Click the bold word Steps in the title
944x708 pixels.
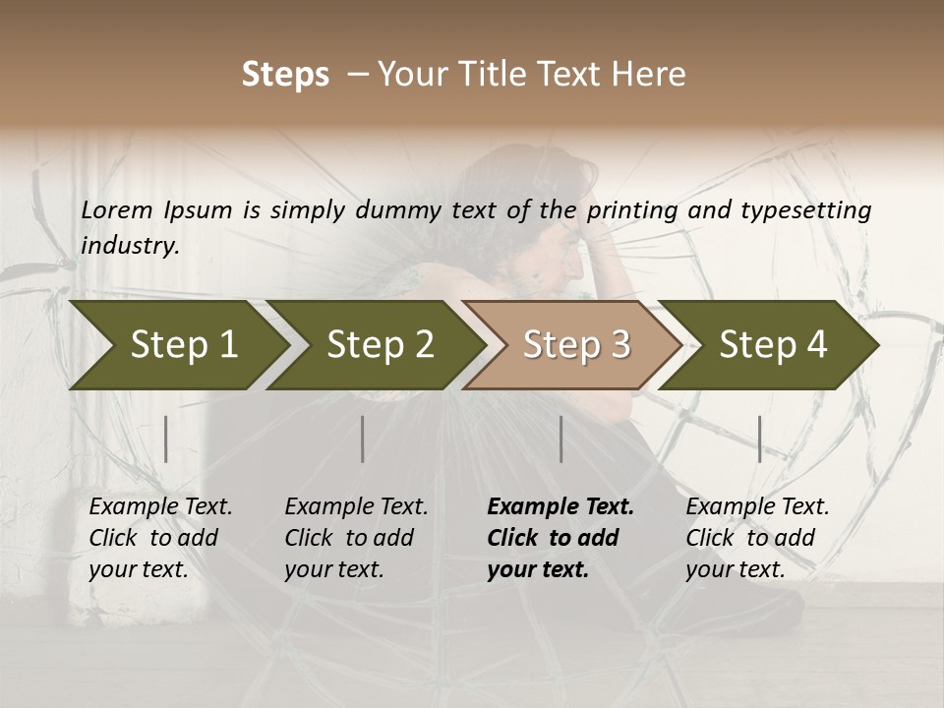click(285, 75)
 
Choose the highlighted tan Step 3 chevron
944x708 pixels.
click(573, 345)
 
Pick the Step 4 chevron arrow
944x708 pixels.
click(770, 345)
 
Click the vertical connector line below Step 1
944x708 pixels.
click(166, 439)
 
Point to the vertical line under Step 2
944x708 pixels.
click(363, 439)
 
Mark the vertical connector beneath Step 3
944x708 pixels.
click(561, 439)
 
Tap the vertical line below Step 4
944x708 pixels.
click(759, 439)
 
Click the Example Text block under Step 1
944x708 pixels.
click(160, 538)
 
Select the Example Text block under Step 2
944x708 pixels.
click(356, 538)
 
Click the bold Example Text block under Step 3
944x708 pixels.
click(560, 538)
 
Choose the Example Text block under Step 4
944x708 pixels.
click(757, 538)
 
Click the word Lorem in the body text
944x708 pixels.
click(117, 210)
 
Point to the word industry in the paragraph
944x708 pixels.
click(129, 246)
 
